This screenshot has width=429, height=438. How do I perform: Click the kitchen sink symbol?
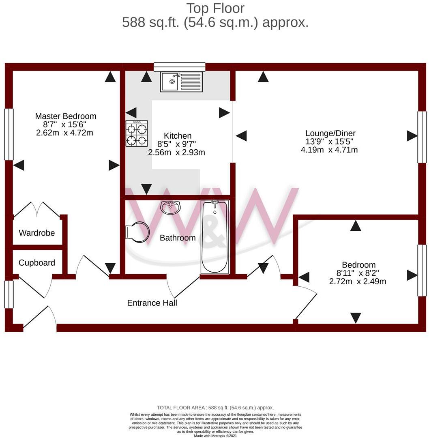click(181, 82)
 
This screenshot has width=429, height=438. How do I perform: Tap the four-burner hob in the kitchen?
click(136, 134)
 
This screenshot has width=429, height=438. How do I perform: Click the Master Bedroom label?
click(65, 116)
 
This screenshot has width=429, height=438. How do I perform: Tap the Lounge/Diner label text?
click(330, 133)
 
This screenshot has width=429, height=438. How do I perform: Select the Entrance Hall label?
click(152, 303)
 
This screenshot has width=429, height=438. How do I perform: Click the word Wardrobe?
click(37, 233)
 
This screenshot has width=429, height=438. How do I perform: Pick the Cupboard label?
click(37, 263)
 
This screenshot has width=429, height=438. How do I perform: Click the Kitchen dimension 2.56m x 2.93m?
click(176, 152)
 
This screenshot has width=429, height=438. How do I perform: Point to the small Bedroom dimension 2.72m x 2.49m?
click(358, 281)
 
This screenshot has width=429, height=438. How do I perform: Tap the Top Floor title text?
click(215, 8)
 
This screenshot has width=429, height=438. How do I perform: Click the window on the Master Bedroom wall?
click(9, 134)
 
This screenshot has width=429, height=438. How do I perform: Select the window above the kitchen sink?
click(179, 67)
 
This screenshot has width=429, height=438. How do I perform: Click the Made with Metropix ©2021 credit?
click(215, 436)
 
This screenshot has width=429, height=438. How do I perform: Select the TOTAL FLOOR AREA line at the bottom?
click(215, 408)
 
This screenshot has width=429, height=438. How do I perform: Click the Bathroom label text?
click(178, 238)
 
